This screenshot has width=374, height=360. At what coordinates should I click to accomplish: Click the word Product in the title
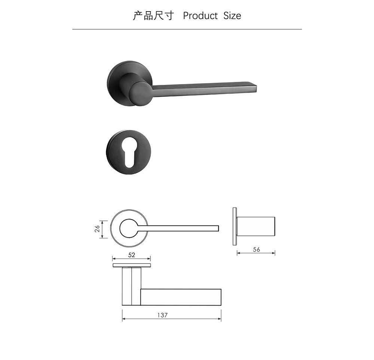(x=200, y=16)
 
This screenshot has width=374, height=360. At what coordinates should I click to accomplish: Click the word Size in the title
(x=232, y=16)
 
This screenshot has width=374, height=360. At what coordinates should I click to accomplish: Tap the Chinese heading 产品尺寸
(x=153, y=16)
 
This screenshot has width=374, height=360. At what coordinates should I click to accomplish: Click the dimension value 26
(x=97, y=229)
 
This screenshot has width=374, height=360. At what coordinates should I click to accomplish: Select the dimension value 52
(x=132, y=255)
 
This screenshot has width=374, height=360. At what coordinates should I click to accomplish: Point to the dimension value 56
(x=257, y=249)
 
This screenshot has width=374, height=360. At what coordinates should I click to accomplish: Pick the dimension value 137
(x=162, y=315)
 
